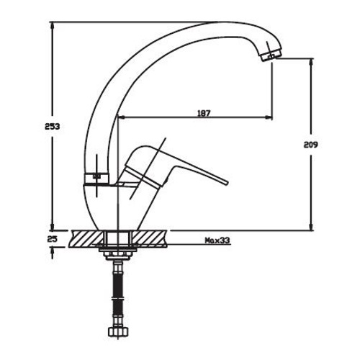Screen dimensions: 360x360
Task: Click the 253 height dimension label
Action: (x=52, y=126)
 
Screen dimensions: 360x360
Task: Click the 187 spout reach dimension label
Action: (x=204, y=113)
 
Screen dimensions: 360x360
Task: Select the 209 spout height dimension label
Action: (x=310, y=145)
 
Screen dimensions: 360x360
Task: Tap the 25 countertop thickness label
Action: (x=53, y=239)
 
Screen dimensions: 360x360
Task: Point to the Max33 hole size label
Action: (x=217, y=240)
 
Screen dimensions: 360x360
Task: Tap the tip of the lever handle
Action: (x=227, y=183)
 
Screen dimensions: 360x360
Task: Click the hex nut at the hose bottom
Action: (x=118, y=331)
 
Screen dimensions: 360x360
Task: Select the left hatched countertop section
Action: (x=86, y=239)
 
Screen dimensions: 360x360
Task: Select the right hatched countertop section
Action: (x=150, y=239)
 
